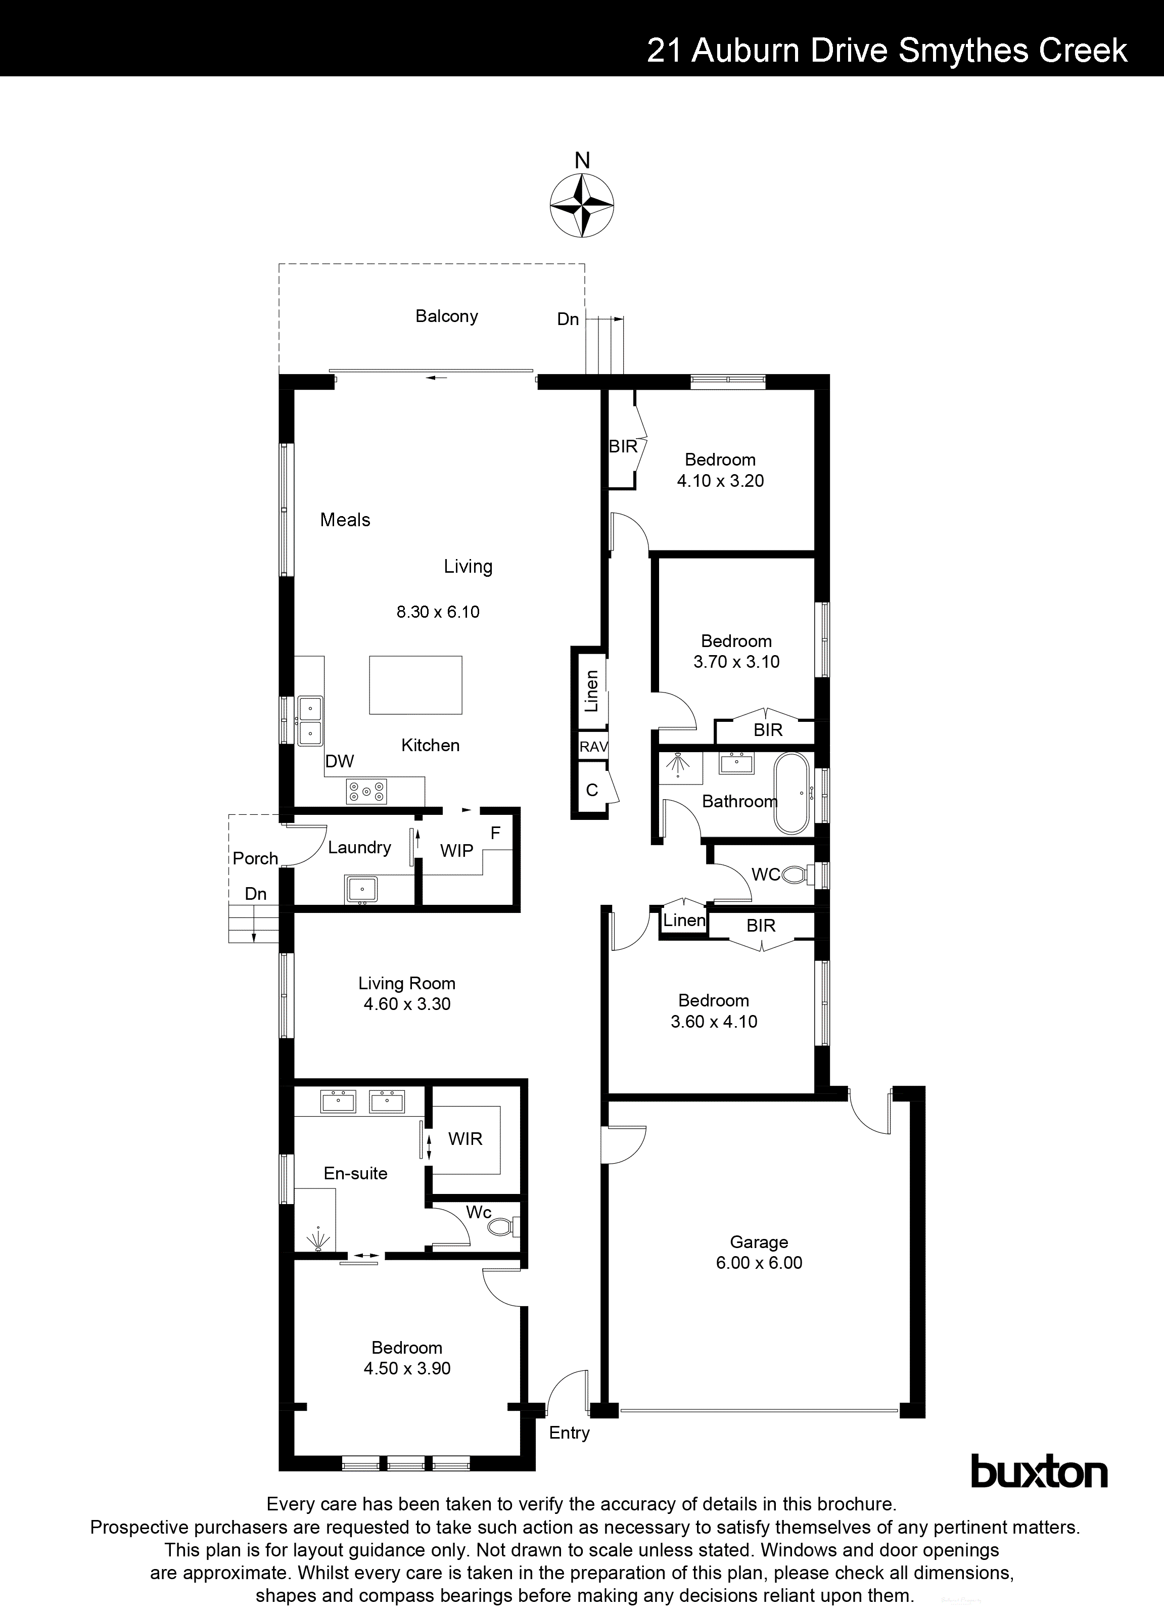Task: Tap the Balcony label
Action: (x=446, y=316)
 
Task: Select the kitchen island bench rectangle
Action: (x=415, y=685)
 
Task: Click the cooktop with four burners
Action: (x=366, y=792)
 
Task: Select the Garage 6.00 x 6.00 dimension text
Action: (x=759, y=1263)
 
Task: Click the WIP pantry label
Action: (x=456, y=851)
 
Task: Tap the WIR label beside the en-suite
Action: (x=465, y=1139)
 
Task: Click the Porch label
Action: (x=255, y=859)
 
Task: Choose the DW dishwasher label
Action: (x=340, y=761)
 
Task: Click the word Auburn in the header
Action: (x=744, y=51)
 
